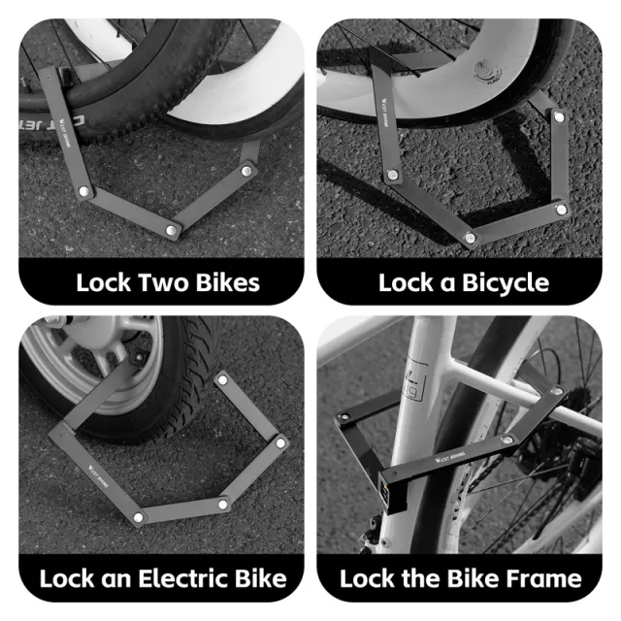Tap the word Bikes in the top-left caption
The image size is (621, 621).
pyautogui.click(x=228, y=282)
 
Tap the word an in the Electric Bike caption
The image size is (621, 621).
pyautogui.click(x=116, y=580)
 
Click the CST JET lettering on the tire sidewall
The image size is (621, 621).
pyautogui.click(x=52, y=123)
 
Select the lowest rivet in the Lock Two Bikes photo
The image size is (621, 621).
pyautogui.click(x=171, y=230)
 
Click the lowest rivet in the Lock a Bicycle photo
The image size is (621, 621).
pyautogui.click(x=470, y=238)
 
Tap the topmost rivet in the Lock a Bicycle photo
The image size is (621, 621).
pyautogui.click(x=559, y=116)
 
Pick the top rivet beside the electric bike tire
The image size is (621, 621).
pyautogui.click(x=222, y=380)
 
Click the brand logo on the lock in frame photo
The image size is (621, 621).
pyautogui.click(x=450, y=457)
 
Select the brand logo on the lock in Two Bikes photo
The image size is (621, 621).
pyautogui.click(x=64, y=132)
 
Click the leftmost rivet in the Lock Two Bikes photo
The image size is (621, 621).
pyautogui.click(x=83, y=191)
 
